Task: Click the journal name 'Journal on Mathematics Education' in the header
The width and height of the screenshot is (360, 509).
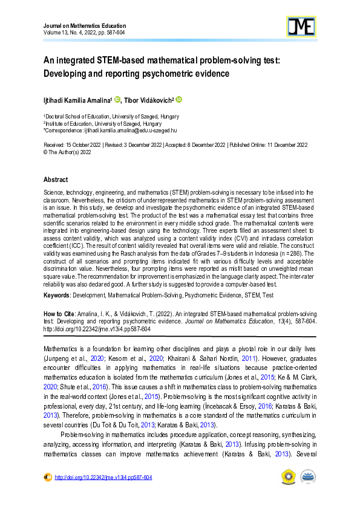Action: click(85, 26)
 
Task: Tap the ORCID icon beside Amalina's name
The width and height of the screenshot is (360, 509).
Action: click(117, 99)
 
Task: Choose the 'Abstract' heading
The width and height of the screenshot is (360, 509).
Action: click(56, 180)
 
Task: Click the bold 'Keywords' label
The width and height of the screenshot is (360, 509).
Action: click(57, 296)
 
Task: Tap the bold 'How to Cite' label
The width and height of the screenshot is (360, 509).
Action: click(59, 315)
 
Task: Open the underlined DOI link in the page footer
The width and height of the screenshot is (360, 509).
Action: click(103, 478)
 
